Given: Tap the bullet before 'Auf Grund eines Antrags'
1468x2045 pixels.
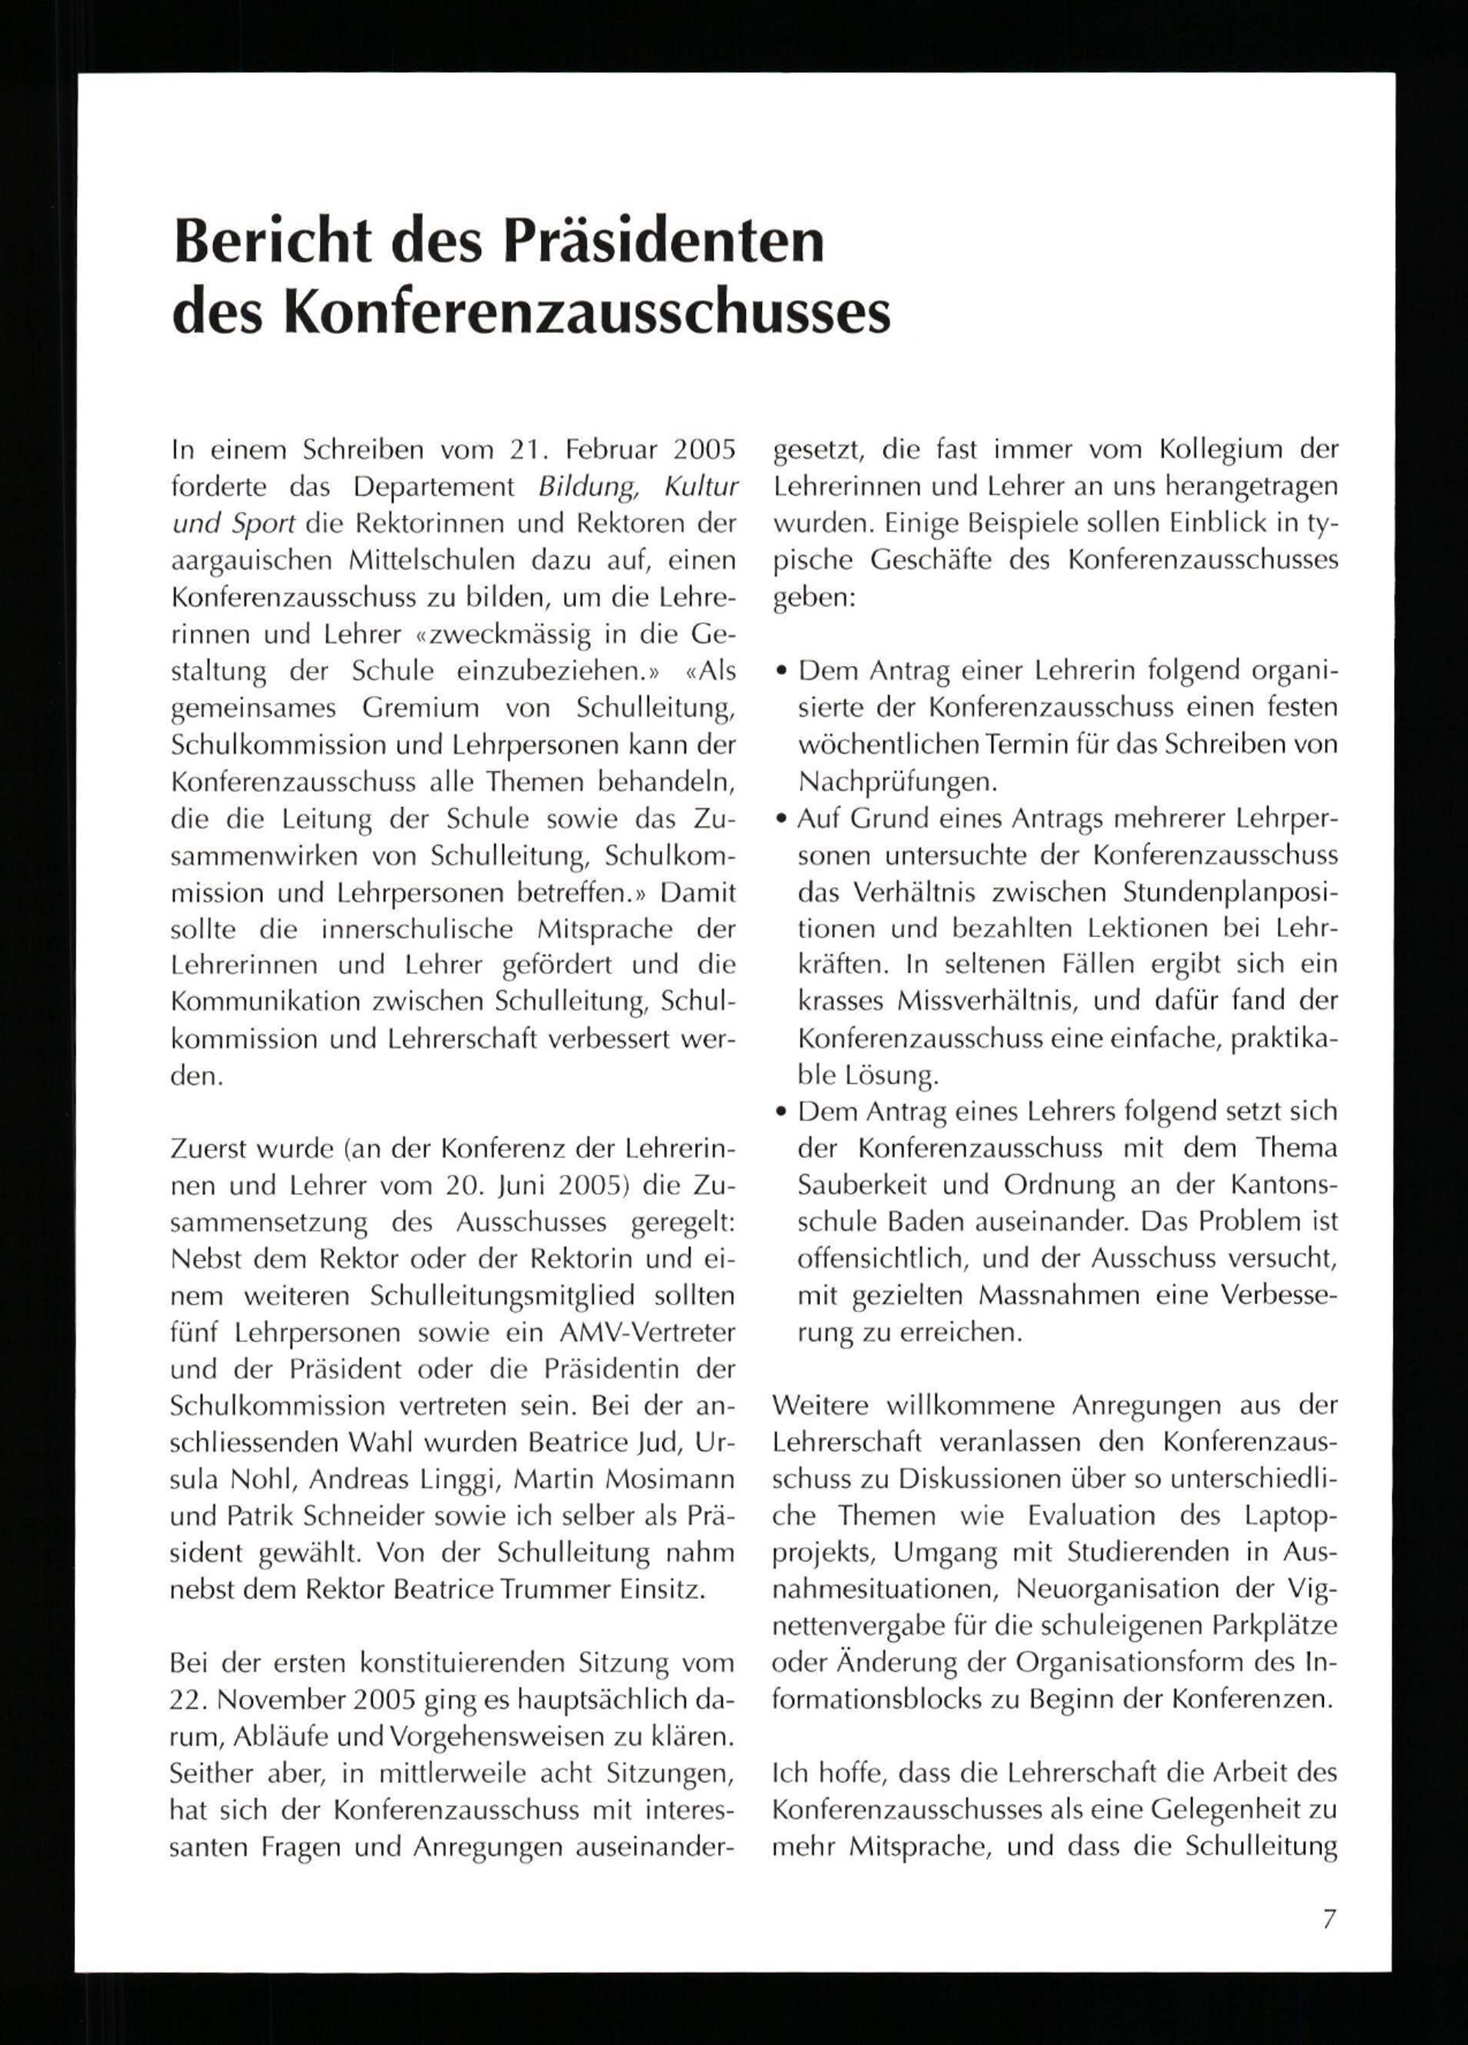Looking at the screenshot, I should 781,820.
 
